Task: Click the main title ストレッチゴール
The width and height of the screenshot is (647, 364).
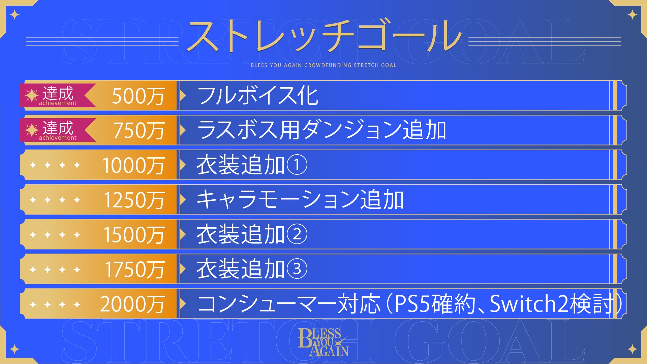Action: (x=324, y=36)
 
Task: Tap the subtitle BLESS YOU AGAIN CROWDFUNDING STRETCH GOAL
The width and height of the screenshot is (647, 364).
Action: (x=323, y=65)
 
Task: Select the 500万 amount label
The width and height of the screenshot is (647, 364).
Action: (x=138, y=96)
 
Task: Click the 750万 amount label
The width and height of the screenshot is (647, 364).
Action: (x=139, y=131)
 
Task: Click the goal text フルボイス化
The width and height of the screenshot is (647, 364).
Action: (x=258, y=96)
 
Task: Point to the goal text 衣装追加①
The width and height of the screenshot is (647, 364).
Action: (x=252, y=165)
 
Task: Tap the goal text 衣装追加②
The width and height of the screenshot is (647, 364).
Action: (x=252, y=234)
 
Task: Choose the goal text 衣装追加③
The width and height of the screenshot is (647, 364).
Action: (x=252, y=269)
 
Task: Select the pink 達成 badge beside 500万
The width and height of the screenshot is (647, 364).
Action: (x=58, y=95)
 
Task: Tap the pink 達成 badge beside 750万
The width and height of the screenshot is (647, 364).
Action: (x=58, y=130)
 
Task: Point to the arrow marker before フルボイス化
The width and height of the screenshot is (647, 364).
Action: (x=183, y=96)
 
